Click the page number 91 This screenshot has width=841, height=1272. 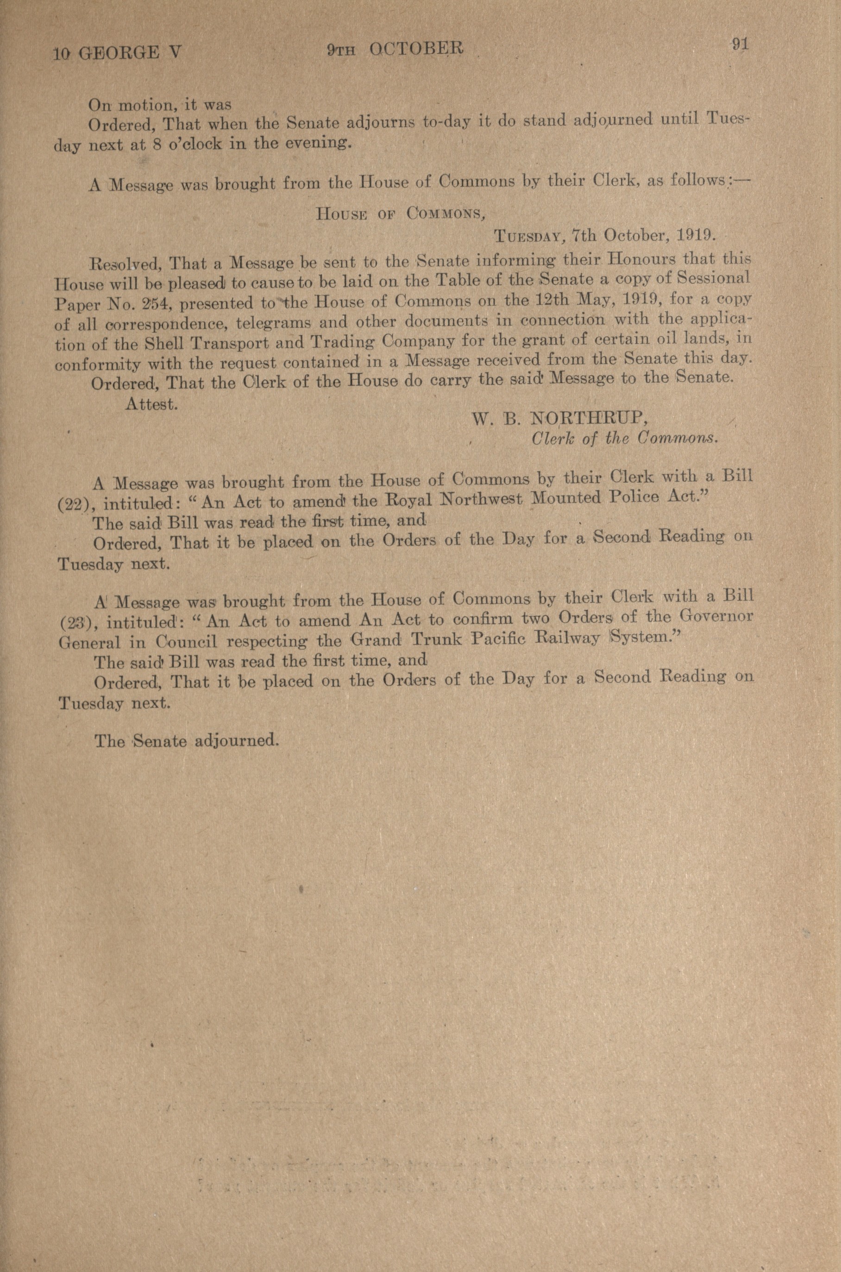[x=740, y=44]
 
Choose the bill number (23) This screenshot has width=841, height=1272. [x=78, y=622]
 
